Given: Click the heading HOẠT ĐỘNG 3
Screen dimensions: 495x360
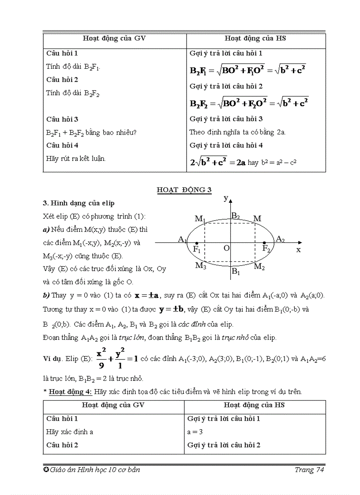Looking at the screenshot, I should click(184, 190).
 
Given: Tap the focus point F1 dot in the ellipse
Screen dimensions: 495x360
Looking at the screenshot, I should click(196, 243).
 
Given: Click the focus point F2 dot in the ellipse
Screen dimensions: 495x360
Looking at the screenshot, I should click(264, 243).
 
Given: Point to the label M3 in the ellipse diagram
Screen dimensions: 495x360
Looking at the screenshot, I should click(201, 265).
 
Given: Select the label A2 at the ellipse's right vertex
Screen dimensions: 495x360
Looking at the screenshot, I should click(280, 239).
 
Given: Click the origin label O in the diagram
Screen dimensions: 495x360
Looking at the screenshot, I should click(226, 249).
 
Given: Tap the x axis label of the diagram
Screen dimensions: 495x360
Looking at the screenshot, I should click(298, 249).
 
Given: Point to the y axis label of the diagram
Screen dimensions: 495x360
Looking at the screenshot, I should click(226, 198).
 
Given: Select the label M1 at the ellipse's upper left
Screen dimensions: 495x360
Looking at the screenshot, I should click(200, 219).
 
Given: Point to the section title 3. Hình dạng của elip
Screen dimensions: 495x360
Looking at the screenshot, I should click(79, 203).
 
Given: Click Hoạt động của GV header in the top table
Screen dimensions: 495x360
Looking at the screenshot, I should click(114, 38).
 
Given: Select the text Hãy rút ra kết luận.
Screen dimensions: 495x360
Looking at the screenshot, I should click(76, 158).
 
